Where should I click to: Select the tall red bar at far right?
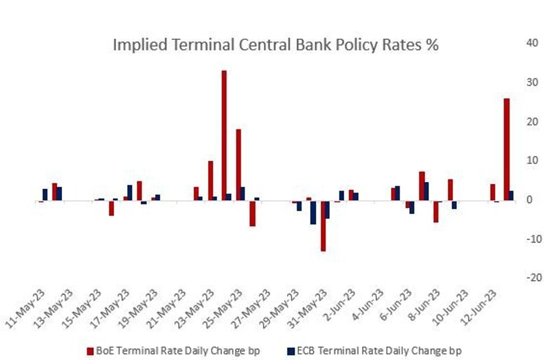coord(506,149)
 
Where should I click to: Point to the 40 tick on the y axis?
coord(531,43)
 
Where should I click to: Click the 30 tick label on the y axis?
coord(531,82)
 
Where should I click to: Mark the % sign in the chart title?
coord(432,45)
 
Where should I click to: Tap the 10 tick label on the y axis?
coord(531,160)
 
